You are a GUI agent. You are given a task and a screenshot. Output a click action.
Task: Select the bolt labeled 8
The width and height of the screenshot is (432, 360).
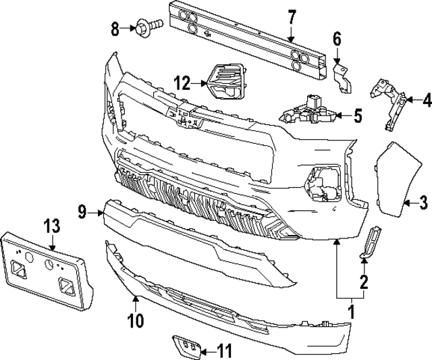[x=146, y=28]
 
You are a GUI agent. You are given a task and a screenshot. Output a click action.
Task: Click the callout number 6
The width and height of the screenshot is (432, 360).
[x=337, y=38]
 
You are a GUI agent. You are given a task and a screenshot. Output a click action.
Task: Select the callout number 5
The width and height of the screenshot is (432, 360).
[x=357, y=115]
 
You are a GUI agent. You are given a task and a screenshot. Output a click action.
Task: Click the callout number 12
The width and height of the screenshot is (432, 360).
[x=182, y=83]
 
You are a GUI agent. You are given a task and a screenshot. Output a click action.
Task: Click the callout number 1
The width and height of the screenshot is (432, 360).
[x=351, y=313]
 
